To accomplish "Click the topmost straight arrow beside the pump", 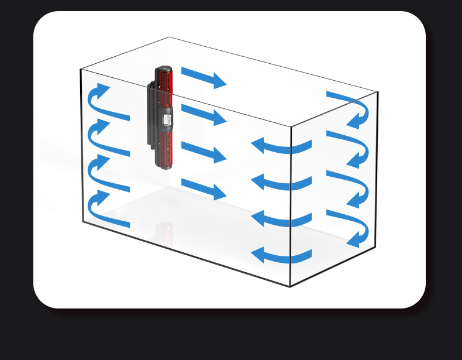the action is coord(203,77).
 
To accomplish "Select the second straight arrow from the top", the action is coord(203,114).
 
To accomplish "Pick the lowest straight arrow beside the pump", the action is coord(203,189).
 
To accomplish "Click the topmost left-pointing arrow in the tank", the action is coord(281,146).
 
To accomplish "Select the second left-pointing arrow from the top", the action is coord(281,183).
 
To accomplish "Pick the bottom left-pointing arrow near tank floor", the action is coord(281,256).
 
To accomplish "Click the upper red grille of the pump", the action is coord(164,81).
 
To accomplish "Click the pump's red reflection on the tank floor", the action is coord(164,234).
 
